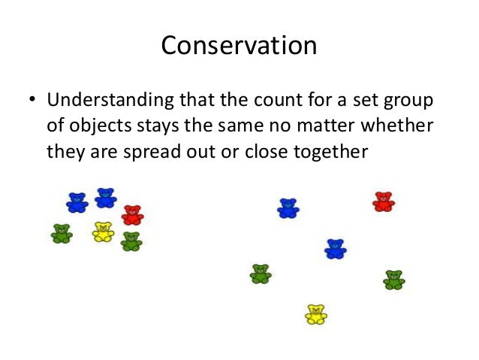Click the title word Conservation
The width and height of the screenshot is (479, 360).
(239, 46)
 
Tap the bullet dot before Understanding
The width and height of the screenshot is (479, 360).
(32, 101)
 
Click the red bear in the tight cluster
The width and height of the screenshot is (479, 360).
(132, 215)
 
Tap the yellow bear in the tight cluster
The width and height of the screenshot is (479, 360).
(103, 232)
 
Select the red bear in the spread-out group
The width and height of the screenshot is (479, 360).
(383, 201)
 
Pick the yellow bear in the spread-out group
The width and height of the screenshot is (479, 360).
(316, 314)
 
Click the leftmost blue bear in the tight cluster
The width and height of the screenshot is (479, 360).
(77, 202)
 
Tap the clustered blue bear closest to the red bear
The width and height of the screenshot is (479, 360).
(106, 198)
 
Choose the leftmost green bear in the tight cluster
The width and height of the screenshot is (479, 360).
(62, 234)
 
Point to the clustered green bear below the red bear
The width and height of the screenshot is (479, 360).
(131, 241)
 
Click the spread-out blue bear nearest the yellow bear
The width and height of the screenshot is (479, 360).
(336, 249)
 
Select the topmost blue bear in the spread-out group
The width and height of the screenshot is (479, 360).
(288, 208)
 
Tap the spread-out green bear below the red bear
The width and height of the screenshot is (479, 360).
(393, 280)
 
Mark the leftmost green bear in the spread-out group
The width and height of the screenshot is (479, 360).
(261, 274)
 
